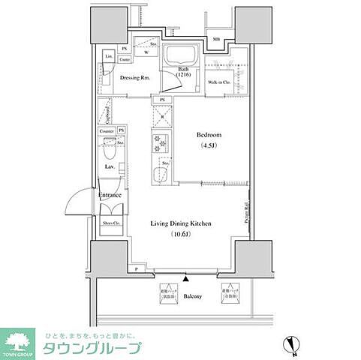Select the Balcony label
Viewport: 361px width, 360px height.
(194, 296)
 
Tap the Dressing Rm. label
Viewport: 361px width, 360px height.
(135, 77)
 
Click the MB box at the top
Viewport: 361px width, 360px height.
(215, 39)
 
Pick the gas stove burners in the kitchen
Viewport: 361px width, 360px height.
(159, 139)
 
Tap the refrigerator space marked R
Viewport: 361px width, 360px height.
(163, 116)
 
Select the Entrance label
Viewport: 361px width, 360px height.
(110, 195)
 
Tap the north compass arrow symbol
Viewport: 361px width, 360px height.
(294, 347)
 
